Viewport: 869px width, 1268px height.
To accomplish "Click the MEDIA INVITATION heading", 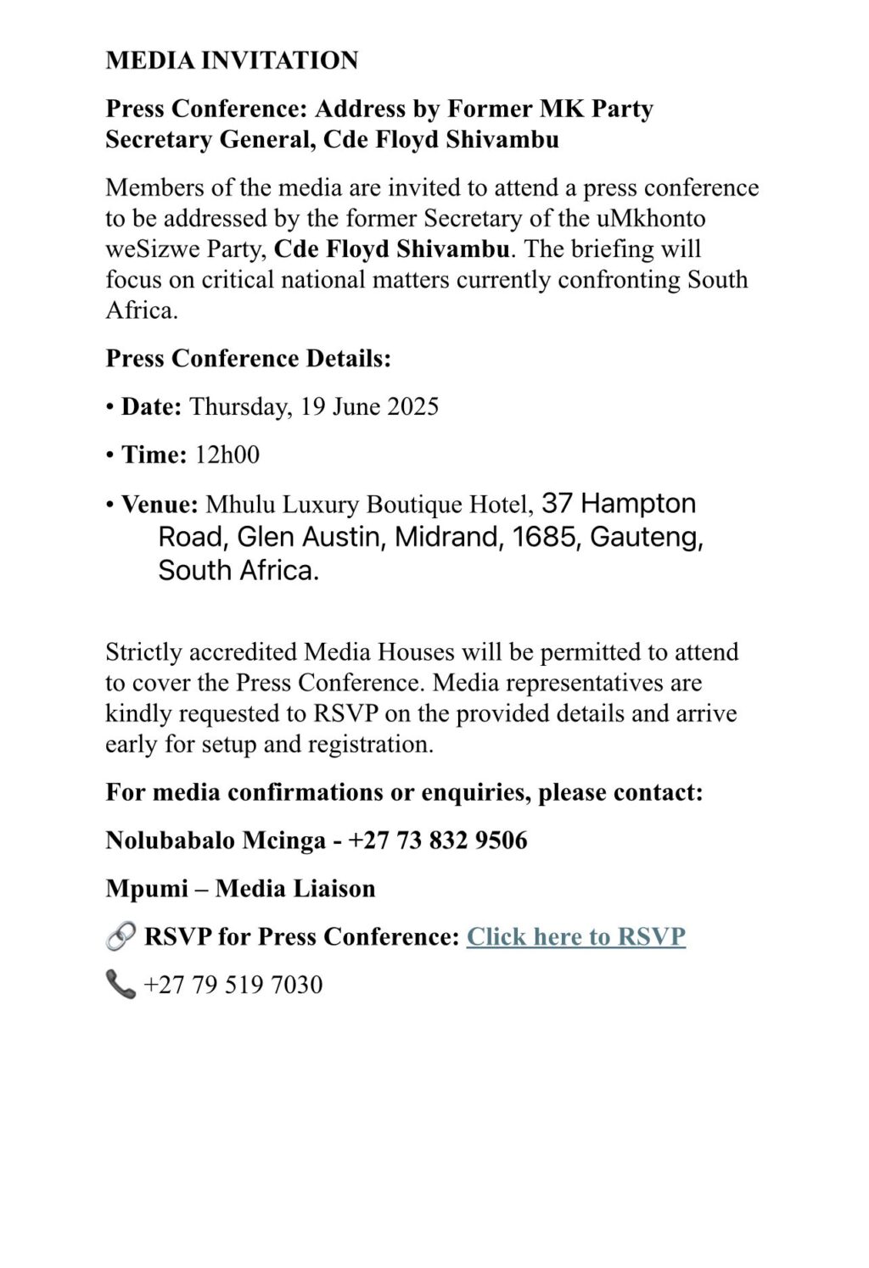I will pos(232,60).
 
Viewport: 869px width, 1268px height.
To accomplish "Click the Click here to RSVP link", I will pos(575,936).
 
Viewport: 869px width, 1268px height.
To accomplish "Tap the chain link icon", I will pos(121,937).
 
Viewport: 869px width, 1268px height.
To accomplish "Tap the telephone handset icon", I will pos(121,985).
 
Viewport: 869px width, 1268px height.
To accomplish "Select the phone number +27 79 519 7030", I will pos(233,985).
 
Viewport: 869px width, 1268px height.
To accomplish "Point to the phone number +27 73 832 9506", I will pos(438,841).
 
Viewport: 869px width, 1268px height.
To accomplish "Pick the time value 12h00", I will pos(227,455).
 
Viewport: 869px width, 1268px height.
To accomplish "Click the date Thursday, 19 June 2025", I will pos(314,407).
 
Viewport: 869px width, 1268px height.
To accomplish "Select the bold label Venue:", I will pos(160,505).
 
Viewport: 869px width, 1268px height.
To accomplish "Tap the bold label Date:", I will pos(151,407).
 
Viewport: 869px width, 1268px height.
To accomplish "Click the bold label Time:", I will pos(154,455).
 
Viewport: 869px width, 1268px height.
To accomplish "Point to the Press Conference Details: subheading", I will pos(248,359).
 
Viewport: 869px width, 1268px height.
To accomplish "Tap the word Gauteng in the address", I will pos(646,538).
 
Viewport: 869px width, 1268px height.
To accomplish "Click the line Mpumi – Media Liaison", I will pos(240,889).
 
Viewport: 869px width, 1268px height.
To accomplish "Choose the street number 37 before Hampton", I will pos(557,504).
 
